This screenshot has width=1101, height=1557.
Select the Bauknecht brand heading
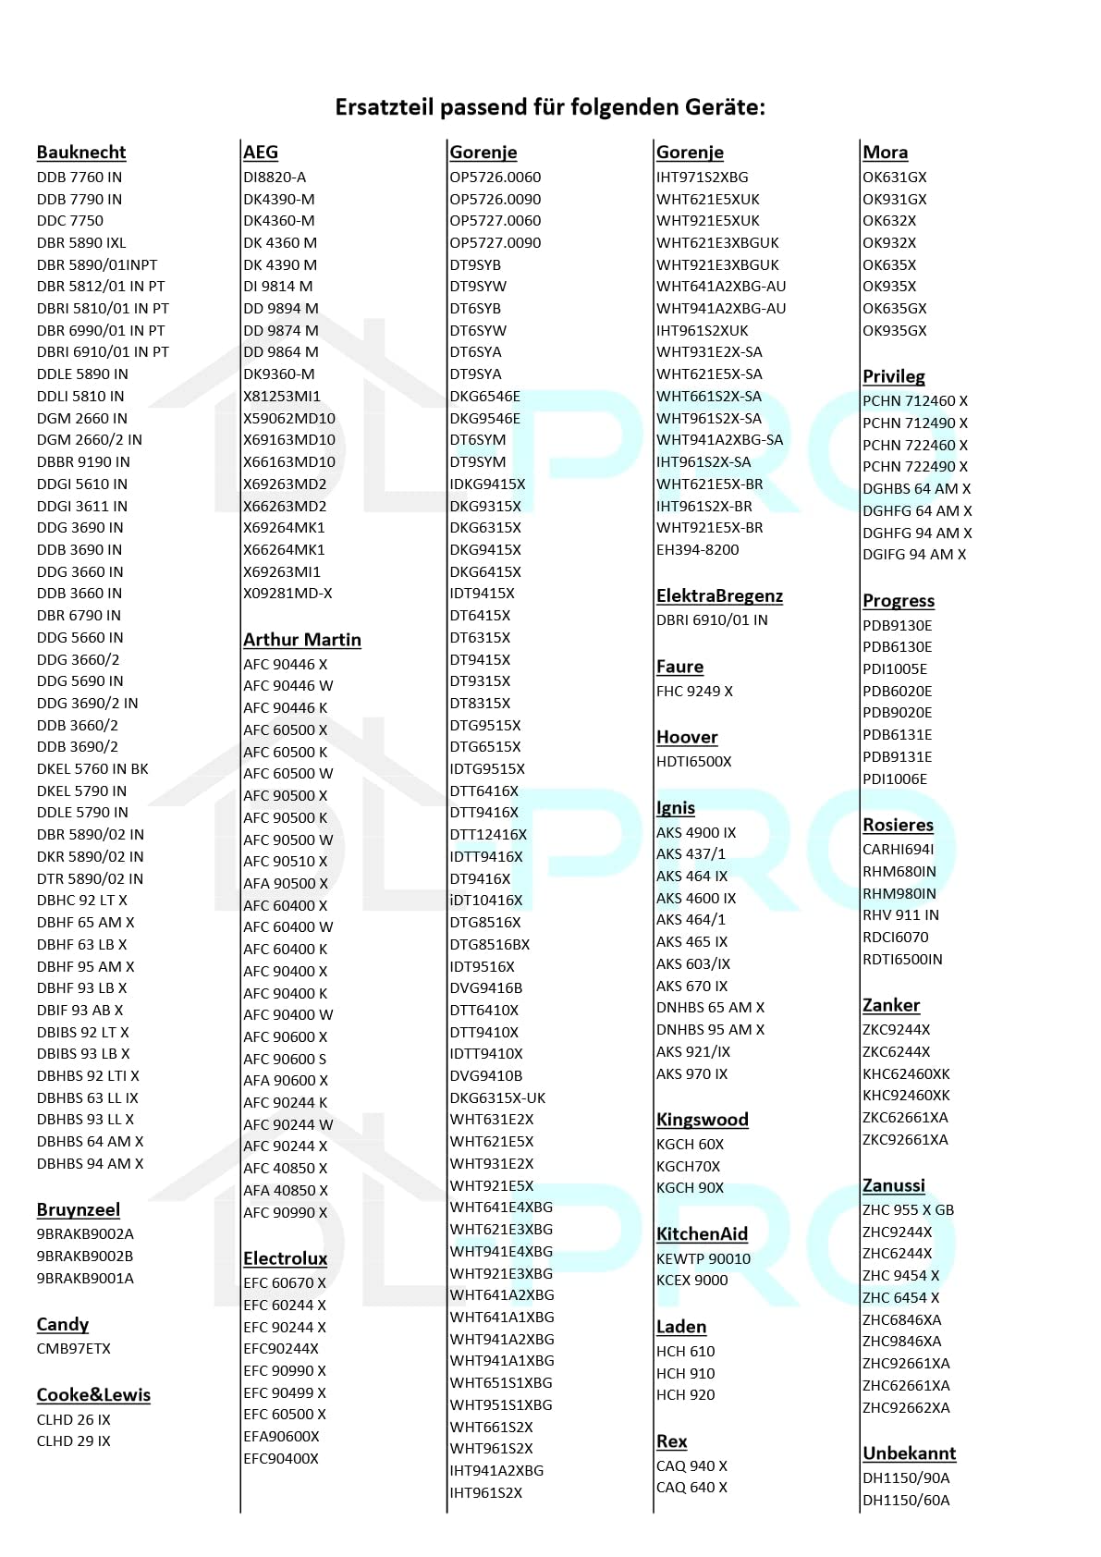pyautogui.click(x=81, y=153)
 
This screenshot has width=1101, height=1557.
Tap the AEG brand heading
pyautogui.click(x=261, y=153)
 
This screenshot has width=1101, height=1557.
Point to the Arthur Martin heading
pyautogui.click(x=302, y=640)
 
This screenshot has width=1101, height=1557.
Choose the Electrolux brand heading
pyautogui.click(x=285, y=1258)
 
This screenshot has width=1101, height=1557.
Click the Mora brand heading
pyautogui.click(x=885, y=153)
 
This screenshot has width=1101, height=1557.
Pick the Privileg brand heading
pyautogui.click(x=893, y=376)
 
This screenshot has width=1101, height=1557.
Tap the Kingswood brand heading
pyautogui.click(x=702, y=1120)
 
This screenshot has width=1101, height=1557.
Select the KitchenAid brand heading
pyautogui.click(x=702, y=1234)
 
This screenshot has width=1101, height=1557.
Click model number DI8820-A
pyautogui.click(x=275, y=178)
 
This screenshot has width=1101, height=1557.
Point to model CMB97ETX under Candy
pyautogui.click(x=74, y=1349)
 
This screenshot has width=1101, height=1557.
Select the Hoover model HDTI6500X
pyautogui.click(x=693, y=762)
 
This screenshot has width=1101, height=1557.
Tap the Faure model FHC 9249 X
pyautogui.click(x=694, y=692)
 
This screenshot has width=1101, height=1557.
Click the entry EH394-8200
pyautogui.click(x=697, y=550)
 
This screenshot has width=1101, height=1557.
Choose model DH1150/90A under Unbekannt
pyautogui.click(x=906, y=1477)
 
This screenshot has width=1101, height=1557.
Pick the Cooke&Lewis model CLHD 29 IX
pyautogui.click(x=74, y=1441)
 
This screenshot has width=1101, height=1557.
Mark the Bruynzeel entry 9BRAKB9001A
pyautogui.click(x=85, y=1279)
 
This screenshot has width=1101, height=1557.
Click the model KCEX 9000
pyautogui.click(x=691, y=1281)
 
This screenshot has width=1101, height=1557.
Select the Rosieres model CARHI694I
pyautogui.click(x=898, y=850)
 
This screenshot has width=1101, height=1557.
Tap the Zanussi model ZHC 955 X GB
pyautogui.click(x=908, y=1210)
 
